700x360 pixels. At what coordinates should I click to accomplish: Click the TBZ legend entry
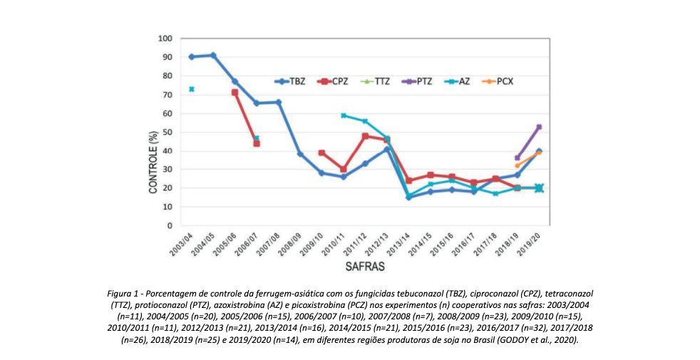292,81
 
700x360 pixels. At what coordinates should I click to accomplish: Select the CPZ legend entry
334,81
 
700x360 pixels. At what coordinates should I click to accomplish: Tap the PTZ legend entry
416,81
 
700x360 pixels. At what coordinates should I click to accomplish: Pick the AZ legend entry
456,81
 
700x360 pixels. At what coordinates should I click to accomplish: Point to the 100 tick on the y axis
166,38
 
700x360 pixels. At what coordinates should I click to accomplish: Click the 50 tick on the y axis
168,132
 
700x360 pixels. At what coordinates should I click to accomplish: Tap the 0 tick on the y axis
170,225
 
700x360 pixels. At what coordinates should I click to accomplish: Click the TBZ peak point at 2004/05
213,55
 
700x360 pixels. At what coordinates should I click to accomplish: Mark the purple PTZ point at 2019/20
540,127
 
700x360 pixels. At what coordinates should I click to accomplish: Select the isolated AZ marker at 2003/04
192,89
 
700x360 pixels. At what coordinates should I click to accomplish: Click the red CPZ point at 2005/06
235,93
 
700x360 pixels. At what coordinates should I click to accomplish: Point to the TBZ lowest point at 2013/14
408,197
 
